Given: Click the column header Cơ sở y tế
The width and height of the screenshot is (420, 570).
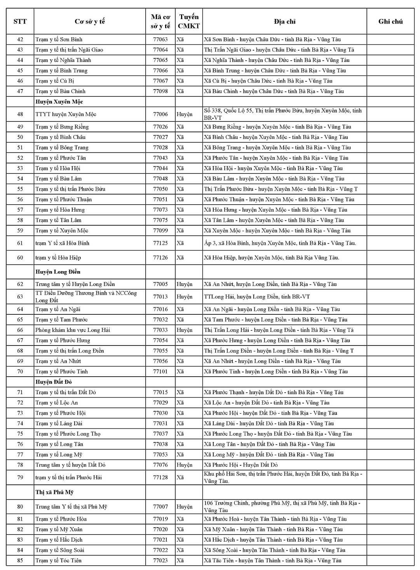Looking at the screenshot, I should click(90, 21).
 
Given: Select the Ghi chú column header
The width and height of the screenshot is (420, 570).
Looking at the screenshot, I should click(390, 21).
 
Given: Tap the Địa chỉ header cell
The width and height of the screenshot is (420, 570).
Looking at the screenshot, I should click(284, 21).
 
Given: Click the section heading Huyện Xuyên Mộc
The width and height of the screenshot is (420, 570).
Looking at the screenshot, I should click(59, 102).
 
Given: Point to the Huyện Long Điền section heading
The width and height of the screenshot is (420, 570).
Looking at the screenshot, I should click(58, 272).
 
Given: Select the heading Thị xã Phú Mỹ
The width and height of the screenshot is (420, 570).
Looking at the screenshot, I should click(54, 492).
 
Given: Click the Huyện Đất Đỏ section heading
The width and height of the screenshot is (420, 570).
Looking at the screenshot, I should click(54, 382).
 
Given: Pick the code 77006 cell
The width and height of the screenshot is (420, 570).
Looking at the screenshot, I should click(160, 114).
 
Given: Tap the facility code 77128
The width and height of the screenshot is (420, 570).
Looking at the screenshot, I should click(160, 477).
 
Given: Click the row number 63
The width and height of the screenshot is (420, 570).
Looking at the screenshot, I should click(20, 296).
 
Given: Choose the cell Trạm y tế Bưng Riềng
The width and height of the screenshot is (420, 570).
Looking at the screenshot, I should click(62, 126).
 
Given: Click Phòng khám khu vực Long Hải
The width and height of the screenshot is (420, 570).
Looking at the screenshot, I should click(73, 330).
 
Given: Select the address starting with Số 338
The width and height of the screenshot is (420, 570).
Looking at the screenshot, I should click(283, 114).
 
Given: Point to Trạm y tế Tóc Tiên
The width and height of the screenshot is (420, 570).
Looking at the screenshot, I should click(59, 560).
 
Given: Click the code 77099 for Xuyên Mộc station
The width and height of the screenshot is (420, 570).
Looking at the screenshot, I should click(160, 230).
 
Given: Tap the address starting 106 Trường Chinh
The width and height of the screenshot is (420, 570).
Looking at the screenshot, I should click(282, 507).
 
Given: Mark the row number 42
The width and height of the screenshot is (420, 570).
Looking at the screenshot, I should click(20, 39).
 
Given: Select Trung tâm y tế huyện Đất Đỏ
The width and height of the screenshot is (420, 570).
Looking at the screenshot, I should click(70, 465).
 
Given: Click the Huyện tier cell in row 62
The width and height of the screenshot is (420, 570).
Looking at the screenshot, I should click(185, 284).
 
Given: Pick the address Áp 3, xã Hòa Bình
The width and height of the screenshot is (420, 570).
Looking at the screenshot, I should click(280, 243).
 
